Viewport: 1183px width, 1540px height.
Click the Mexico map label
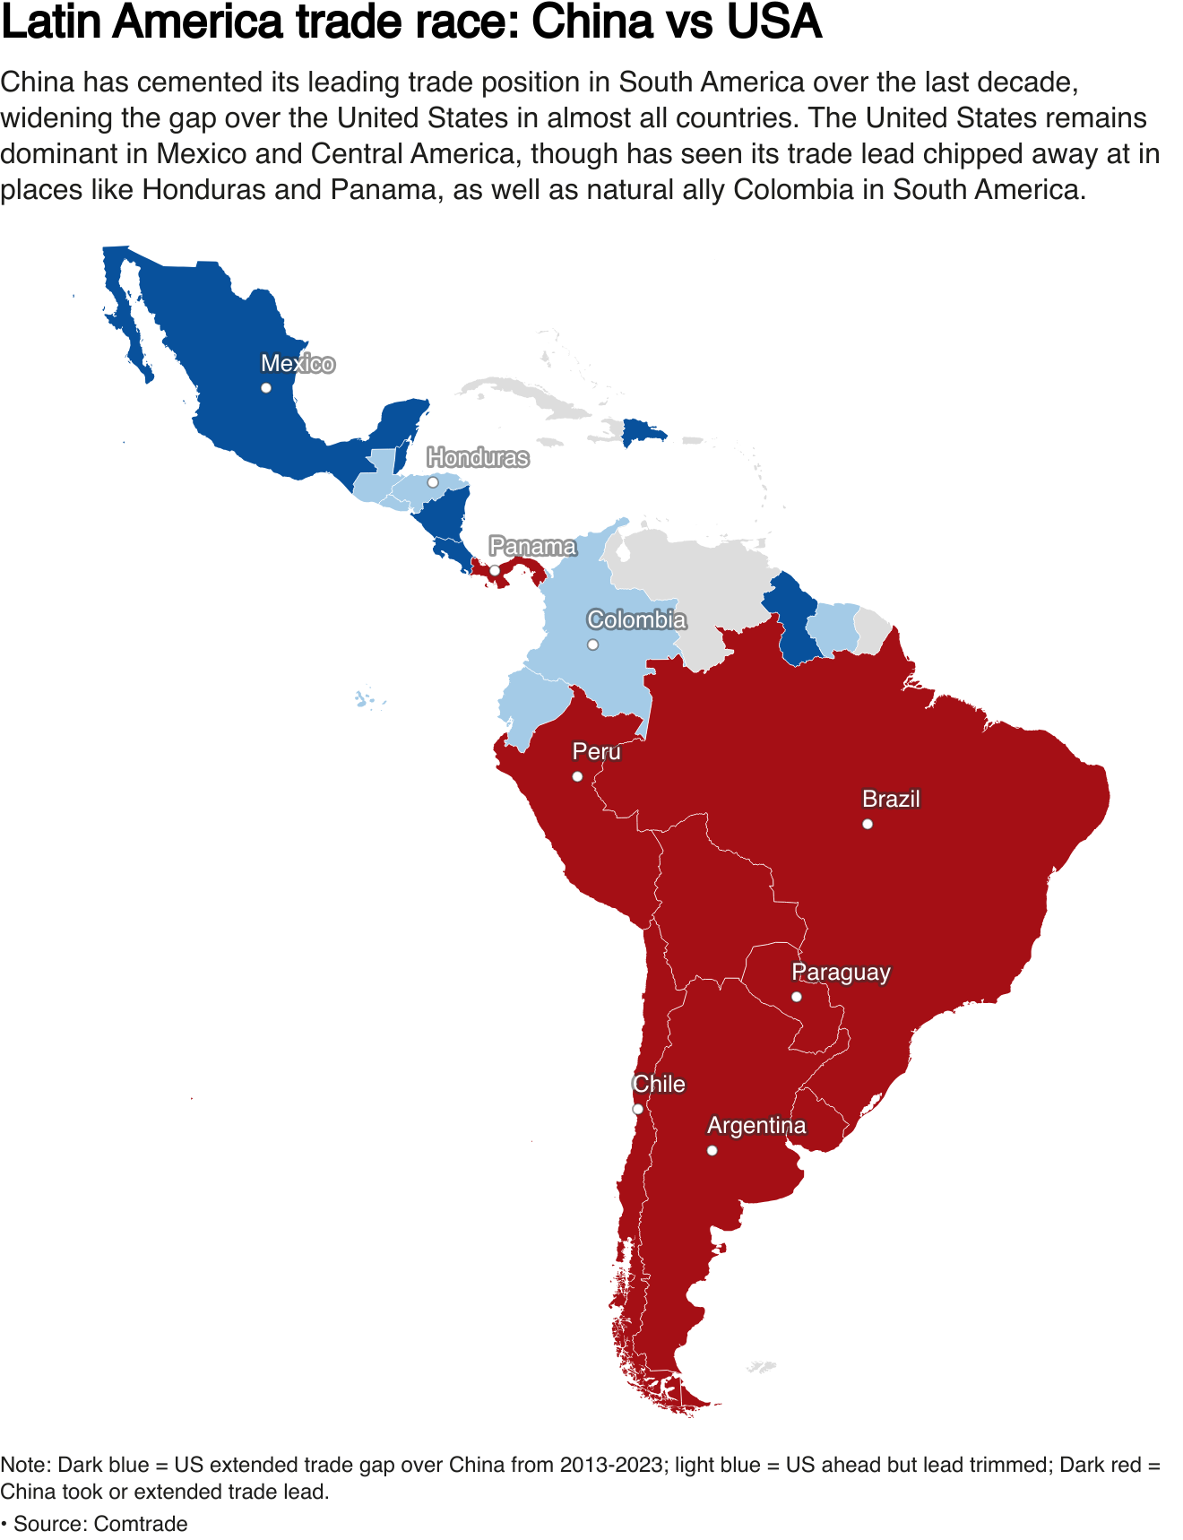(298, 363)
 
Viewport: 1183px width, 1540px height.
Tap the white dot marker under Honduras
(433, 482)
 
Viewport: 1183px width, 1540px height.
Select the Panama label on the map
(532, 546)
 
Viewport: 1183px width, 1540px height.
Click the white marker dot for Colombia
(592, 645)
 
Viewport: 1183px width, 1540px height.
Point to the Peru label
(596, 751)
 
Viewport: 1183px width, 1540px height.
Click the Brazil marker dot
(868, 824)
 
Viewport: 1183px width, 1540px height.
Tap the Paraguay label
(841, 972)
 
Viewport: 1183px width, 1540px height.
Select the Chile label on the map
(659, 1084)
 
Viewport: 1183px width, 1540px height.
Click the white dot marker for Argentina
(712, 1150)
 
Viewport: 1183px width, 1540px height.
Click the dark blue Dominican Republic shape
(642, 433)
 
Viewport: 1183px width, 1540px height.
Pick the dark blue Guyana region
(791, 619)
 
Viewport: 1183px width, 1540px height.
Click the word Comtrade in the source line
(140, 1524)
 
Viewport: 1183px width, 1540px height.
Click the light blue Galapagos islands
(364, 699)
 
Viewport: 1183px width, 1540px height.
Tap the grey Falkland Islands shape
(762, 1367)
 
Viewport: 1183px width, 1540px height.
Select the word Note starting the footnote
(24, 1465)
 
